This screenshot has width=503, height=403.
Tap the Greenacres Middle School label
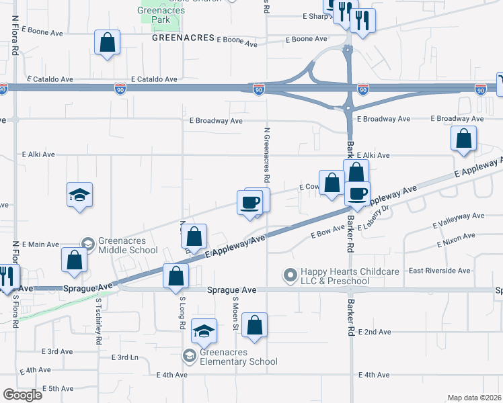pos(128,246)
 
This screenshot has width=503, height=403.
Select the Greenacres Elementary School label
pos(239,357)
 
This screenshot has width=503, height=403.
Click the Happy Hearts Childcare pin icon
pos(290,275)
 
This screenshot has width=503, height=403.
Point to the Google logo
pos(22,395)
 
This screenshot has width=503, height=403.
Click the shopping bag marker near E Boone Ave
pos(108,42)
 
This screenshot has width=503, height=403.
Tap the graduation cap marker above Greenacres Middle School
pos(79,195)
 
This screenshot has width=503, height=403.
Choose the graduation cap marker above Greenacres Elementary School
pos(204,331)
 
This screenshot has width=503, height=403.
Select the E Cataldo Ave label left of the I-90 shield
pos(50,79)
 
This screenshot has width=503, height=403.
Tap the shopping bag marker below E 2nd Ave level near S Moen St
pos(255,326)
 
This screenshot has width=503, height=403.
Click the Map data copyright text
pos(474,398)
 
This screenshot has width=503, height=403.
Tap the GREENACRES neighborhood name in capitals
pos(182,38)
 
